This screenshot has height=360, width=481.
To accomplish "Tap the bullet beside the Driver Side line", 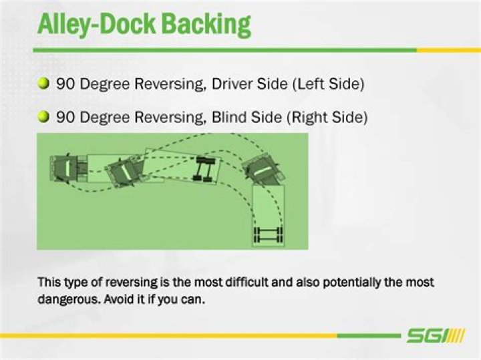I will click(x=44, y=84).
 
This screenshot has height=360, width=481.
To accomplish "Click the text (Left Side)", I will click(x=325, y=85).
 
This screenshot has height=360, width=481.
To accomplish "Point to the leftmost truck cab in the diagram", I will click(x=64, y=167).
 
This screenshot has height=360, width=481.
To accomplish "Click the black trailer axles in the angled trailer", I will click(x=203, y=168).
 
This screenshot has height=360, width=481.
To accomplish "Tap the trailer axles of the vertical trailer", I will click(x=268, y=234).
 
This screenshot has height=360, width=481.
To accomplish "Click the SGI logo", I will click(x=434, y=335).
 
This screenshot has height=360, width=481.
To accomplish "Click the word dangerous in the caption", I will click(x=68, y=299).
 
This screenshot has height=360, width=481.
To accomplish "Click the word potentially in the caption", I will click(x=351, y=282).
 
